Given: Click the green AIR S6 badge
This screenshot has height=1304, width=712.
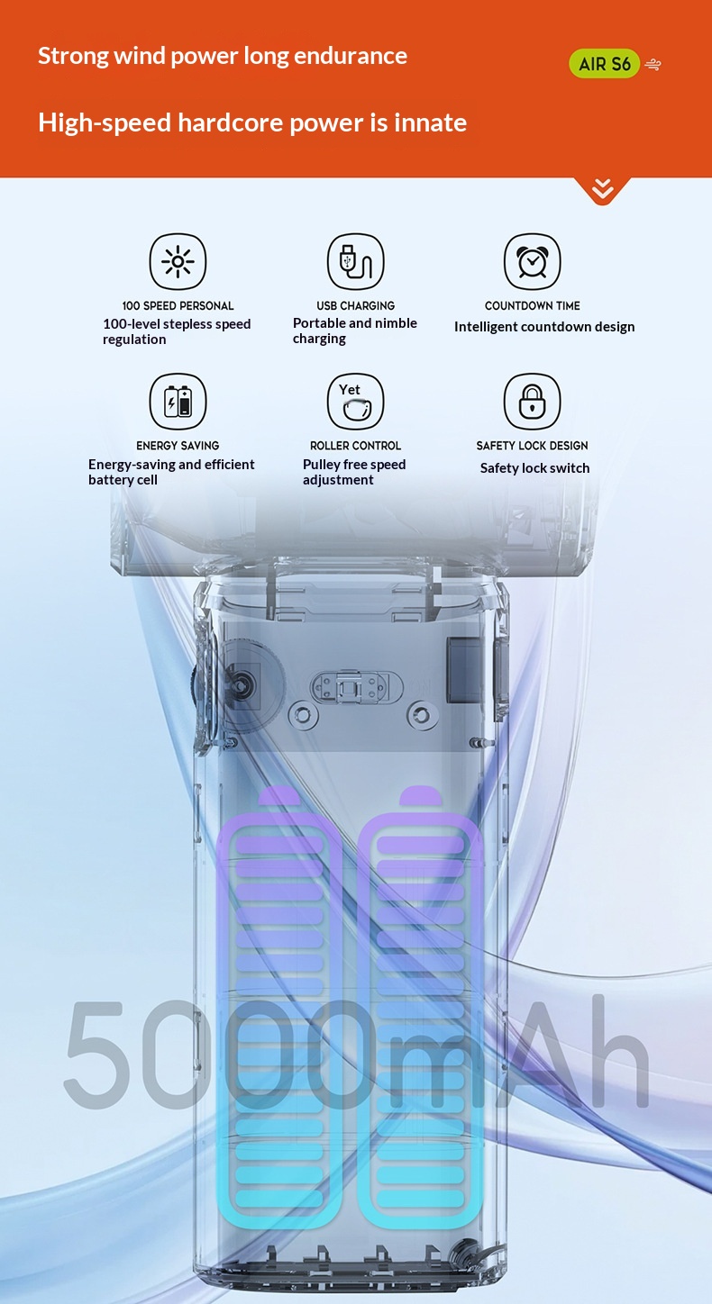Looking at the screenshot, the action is (x=604, y=63).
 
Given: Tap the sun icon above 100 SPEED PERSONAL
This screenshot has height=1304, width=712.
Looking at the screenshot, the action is (x=178, y=261).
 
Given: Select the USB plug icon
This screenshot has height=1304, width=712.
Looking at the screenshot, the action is (x=355, y=261).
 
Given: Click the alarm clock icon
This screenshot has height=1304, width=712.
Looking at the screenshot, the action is (x=532, y=261).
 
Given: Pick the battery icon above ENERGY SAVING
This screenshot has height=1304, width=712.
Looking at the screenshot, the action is (x=178, y=401).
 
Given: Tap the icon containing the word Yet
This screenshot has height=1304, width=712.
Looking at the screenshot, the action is (x=355, y=401).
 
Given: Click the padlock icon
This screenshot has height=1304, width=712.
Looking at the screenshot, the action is (x=532, y=401).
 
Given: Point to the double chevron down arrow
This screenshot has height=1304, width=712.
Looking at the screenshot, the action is (x=602, y=189).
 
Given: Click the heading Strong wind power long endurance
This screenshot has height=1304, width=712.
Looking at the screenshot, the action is (x=223, y=57).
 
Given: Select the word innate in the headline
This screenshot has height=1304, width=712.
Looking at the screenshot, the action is (x=431, y=122).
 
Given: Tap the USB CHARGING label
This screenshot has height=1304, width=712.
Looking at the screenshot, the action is (x=355, y=305).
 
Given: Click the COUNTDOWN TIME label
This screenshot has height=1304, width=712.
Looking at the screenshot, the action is (x=532, y=305).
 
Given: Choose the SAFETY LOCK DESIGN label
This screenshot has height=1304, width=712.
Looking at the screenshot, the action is (x=532, y=446).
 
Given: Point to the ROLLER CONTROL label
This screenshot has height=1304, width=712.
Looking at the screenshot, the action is (x=355, y=446).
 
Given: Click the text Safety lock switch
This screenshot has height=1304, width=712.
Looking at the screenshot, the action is (x=534, y=468).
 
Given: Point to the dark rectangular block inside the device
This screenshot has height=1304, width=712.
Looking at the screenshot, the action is (x=465, y=669).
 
